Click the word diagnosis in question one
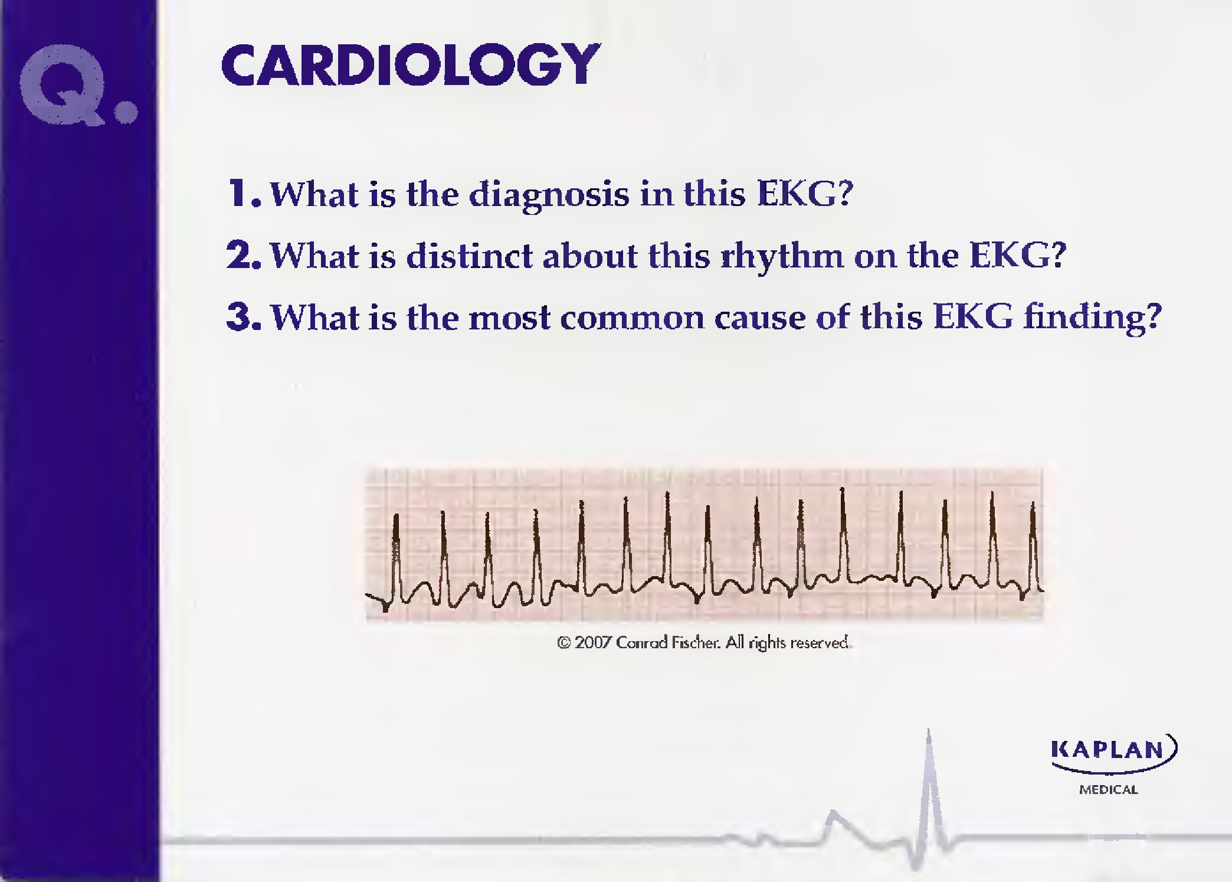[x=549, y=195]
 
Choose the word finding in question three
[x=1092, y=317]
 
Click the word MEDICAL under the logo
[x=1108, y=790]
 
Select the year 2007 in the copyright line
[x=592, y=642]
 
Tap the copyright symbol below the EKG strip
[x=563, y=643]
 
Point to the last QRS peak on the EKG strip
[x=1033, y=504]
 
